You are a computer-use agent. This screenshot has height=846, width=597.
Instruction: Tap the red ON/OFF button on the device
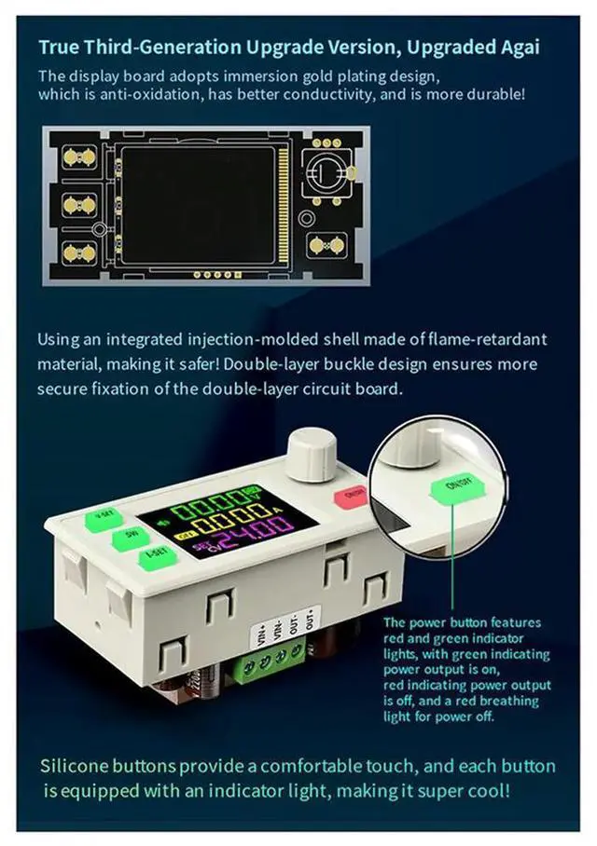(x=353, y=496)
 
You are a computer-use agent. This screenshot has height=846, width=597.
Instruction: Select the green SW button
(x=130, y=539)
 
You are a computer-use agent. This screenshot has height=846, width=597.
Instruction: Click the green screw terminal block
(x=270, y=661)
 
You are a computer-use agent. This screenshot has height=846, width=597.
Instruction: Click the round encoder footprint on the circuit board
(x=328, y=173)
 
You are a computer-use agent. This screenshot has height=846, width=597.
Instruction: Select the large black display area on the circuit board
(x=200, y=204)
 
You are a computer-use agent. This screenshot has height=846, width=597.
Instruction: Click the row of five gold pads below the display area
(x=212, y=275)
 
